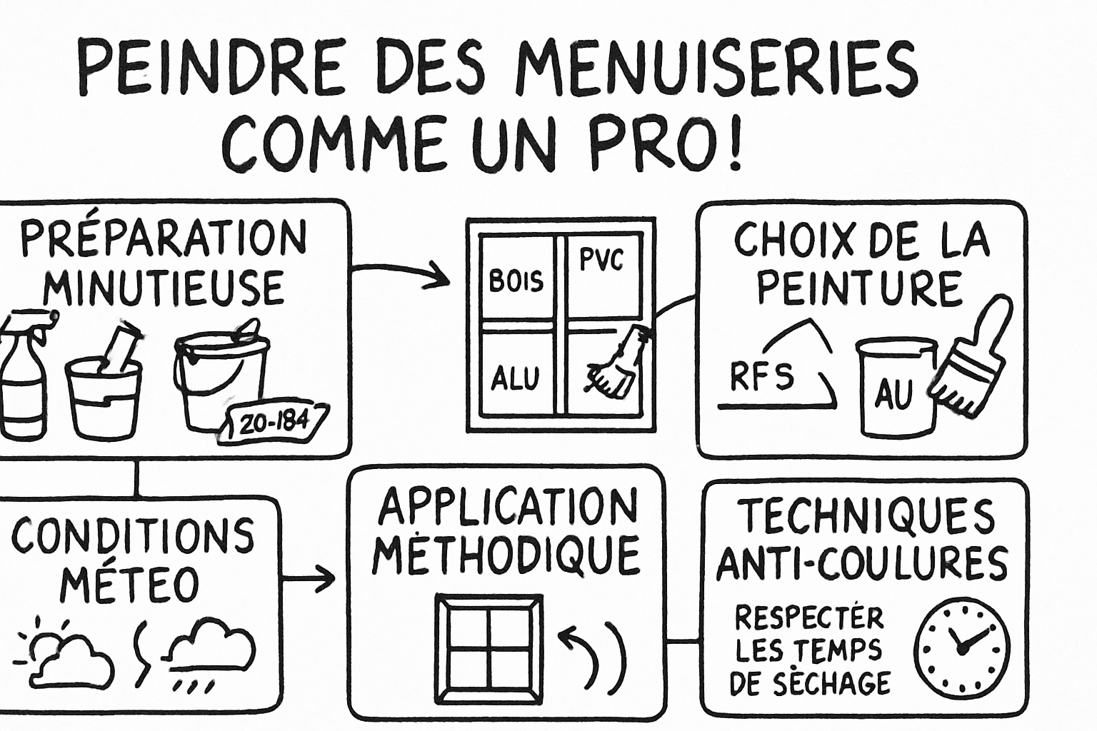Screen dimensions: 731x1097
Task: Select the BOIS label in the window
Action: [516, 281]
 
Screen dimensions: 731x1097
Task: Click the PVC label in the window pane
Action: [601, 260]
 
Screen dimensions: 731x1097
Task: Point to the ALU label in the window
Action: [514, 378]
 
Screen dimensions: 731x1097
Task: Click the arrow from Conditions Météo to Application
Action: [309, 578]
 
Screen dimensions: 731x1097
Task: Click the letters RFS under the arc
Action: [761, 376]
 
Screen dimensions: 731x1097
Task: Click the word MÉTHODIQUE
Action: [506, 557]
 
